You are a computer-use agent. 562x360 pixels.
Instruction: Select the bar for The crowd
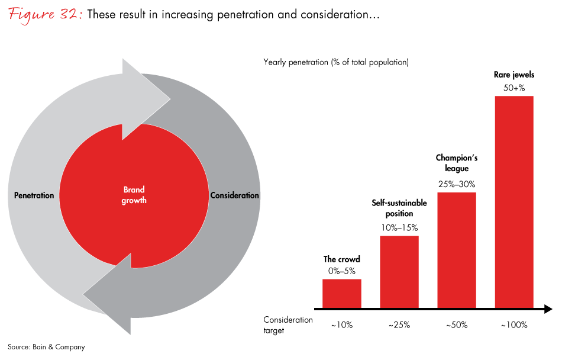click(342, 293)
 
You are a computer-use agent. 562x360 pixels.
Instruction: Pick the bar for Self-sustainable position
click(399, 272)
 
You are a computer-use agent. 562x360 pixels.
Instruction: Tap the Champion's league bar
click(457, 250)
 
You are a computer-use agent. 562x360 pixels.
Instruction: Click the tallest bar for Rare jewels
click(514, 201)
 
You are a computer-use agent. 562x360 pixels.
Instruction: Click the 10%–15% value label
click(399, 227)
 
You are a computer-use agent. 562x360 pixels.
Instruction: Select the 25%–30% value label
click(457, 184)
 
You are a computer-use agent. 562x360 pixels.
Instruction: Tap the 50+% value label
click(514, 88)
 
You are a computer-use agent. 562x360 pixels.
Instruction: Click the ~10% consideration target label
click(342, 324)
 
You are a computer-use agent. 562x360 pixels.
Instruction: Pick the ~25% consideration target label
click(399, 324)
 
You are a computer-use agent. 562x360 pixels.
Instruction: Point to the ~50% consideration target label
click(457, 324)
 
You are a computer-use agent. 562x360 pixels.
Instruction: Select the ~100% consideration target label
click(514, 324)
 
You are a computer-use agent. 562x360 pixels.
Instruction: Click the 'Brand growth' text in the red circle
click(134, 195)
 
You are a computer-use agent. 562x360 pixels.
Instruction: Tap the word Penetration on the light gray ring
click(34, 195)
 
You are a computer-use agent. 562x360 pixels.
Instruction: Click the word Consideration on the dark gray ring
click(234, 195)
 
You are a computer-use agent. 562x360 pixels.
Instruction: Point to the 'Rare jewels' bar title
click(514, 75)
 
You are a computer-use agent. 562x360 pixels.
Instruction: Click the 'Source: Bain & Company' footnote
click(46, 347)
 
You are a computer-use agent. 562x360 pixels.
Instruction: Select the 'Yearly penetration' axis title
click(336, 62)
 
